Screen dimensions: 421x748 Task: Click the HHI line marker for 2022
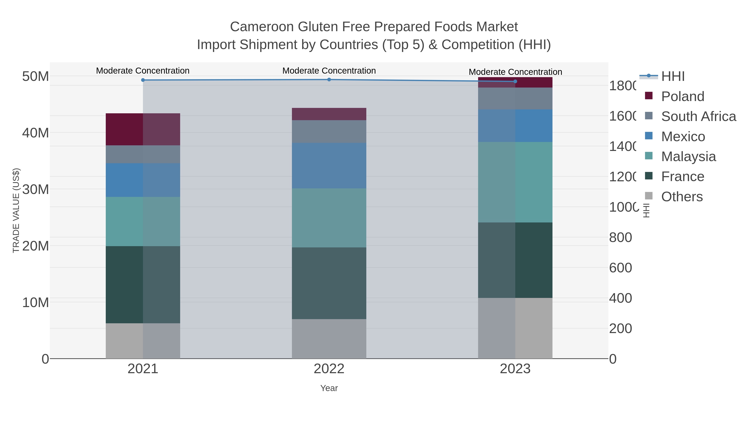(x=329, y=80)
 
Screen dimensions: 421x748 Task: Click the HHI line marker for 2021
(x=143, y=80)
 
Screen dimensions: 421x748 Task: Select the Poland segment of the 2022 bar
(x=329, y=114)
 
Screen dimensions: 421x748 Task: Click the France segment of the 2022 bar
(x=329, y=283)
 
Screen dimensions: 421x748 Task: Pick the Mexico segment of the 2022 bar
(x=329, y=166)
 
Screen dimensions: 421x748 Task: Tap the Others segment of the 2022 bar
(x=329, y=339)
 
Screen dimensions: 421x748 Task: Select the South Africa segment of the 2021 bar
(x=143, y=154)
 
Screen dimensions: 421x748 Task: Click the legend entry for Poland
(x=682, y=96)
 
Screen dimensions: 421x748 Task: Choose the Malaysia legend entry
(x=688, y=157)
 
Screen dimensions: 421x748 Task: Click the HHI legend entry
(x=673, y=77)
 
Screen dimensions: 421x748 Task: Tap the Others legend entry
(x=682, y=197)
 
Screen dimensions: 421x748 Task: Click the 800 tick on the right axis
(x=620, y=238)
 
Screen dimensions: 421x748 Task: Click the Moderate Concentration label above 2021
(x=143, y=71)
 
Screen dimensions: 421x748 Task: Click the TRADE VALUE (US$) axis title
(x=16, y=210)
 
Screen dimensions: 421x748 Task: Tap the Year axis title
(x=329, y=388)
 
